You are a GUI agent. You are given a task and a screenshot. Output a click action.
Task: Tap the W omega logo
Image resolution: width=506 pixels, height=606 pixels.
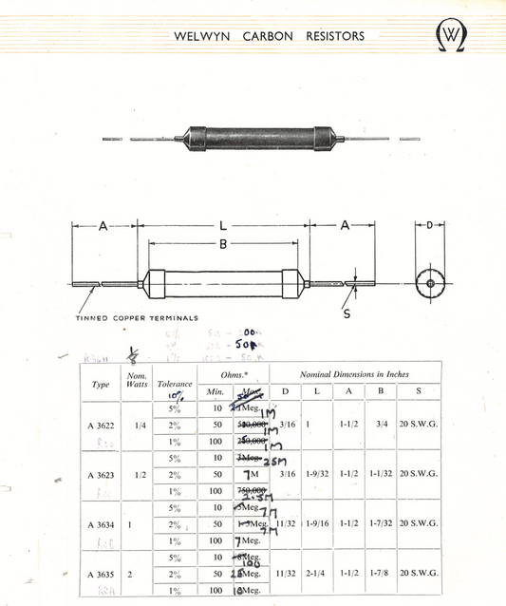point(452,36)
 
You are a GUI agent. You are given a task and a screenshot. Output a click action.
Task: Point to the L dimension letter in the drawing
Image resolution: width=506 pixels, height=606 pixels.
point(222,225)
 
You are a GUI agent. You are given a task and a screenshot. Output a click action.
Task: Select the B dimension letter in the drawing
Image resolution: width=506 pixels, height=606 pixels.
point(222,244)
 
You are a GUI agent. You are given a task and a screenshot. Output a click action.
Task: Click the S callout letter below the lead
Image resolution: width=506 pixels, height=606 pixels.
point(346,313)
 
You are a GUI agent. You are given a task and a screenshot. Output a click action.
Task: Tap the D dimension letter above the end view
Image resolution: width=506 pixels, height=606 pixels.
point(429,225)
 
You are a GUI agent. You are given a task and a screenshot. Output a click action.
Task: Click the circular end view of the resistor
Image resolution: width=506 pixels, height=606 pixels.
point(429,282)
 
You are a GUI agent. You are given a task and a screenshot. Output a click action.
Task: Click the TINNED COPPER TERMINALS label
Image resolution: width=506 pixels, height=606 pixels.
point(137,318)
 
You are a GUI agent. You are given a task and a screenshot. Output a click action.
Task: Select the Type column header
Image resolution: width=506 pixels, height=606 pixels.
point(100,384)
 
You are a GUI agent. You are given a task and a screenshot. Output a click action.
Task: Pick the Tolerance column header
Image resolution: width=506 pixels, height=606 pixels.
point(175,384)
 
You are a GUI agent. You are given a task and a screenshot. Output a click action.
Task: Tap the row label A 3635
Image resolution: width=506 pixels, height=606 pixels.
point(101,574)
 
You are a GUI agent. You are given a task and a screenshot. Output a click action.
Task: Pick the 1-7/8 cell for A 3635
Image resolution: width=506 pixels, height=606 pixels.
point(382,574)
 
